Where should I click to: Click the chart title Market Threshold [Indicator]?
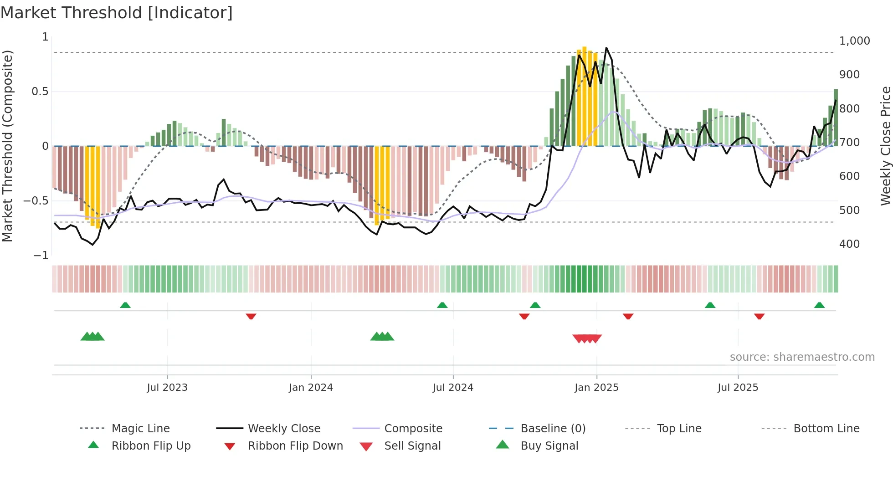tap(117, 13)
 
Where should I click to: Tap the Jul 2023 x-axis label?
tap(167, 388)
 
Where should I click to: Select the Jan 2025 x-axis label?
tap(596, 388)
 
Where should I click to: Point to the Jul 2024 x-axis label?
tap(453, 388)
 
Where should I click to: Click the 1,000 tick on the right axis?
tap(854, 41)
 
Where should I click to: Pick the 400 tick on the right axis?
tap(849, 244)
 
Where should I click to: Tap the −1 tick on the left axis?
tap(41, 256)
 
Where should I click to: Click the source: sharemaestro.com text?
tap(802, 357)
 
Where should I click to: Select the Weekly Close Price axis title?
tap(885, 146)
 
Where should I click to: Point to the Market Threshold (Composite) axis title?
tap(7, 146)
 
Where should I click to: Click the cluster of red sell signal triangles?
tap(587, 338)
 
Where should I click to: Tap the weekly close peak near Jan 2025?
tap(606, 48)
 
